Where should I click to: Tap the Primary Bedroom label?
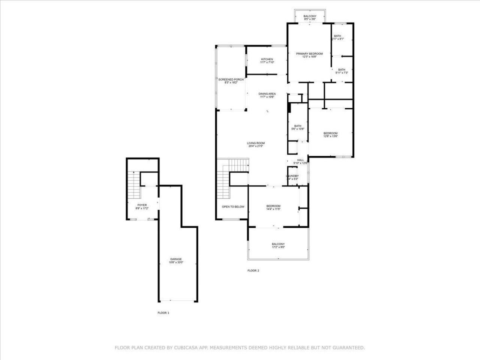point(309,54)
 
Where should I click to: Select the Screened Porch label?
point(231,79)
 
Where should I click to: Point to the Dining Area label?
point(267,94)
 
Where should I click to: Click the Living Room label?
point(256,143)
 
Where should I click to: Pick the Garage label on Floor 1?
point(176,259)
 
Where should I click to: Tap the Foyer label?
point(142,205)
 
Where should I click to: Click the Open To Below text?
point(233,207)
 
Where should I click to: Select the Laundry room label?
point(292,176)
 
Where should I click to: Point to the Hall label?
point(300,160)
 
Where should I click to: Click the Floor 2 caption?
point(253,270)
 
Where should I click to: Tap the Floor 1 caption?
point(163,312)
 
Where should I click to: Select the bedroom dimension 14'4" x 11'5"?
point(273,209)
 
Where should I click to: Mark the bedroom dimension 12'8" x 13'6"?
point(330,136)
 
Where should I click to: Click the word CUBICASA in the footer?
point(186,348)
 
